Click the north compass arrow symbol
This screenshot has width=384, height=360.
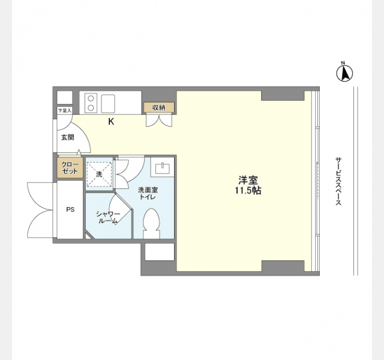[x=344, y=73]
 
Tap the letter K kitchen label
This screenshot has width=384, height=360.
[x=111, y=121]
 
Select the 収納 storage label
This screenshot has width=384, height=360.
[x=159, y=107]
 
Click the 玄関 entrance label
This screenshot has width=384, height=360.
[x=67, y=137]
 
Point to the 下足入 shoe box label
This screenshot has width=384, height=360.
[x=65, y=110]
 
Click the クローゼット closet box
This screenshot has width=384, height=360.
[x=70, y=168]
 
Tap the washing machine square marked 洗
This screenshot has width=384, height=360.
[x=99, y=174]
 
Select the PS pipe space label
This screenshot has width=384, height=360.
[x=70, y=210]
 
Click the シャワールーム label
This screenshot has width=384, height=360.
[x=108, y=217]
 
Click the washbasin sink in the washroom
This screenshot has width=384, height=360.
[x=162, y=169]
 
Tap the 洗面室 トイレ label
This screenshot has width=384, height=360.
[x=148, y=193]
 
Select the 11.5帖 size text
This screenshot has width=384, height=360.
[x=248, y=190]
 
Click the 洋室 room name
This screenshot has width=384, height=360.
[x=248, y=181]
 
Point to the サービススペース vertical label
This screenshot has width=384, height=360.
[x=338, y=181]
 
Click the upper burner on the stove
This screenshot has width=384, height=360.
[x=91, y=98]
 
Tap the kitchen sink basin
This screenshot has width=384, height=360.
[x=108, y=104]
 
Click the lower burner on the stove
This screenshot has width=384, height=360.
[x=91, y=107]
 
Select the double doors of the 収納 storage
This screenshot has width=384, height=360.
[x=159, y=121]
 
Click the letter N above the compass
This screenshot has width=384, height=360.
[x=343, y=62]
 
